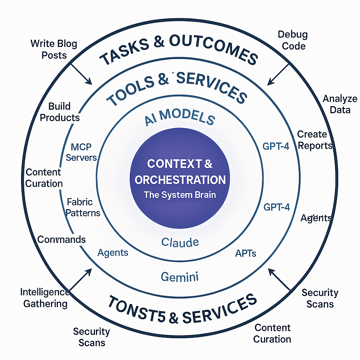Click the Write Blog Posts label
click(x=53, y=49)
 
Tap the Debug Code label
click(x=292, y=40)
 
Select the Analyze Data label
click(x=340, y=104)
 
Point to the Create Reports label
click(x=315, y=140)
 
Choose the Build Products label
click(x=60, y=112)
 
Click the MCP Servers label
click(x=81, y=152)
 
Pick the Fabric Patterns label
click(x=83, y=207)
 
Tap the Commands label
click(x=62, y=240)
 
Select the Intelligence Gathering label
click(x=45, y=298)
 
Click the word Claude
click(x=180, y=242)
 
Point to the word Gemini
click(x=180, y=277)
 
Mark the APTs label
click(x=245, y=253)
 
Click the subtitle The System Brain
click(x=180, y=195)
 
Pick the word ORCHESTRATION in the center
click(x=180, y=180)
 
